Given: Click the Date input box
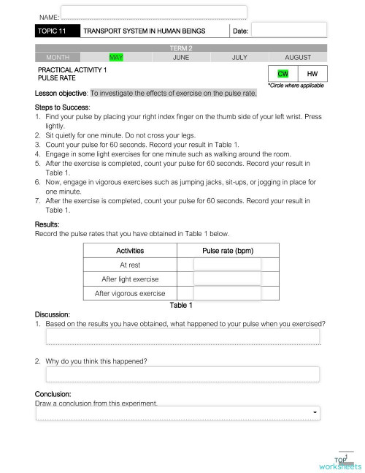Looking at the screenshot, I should click(289, 30).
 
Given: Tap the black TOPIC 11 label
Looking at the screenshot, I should click(56, 31).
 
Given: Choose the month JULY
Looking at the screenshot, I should click(239, 57).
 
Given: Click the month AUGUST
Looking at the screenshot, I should click(298, 57).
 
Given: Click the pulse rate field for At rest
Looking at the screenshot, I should click(227, 265).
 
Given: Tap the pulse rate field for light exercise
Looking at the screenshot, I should click(227, 279).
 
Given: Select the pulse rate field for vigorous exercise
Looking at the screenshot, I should click(227, 293).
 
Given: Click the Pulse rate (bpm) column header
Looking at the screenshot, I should click(228, 251).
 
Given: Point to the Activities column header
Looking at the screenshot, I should click(130, 251).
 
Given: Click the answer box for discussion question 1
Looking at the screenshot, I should click(182, 336).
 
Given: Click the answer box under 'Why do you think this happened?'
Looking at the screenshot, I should click(182, 374).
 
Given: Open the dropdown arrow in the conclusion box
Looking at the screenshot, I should click(315, 414).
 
